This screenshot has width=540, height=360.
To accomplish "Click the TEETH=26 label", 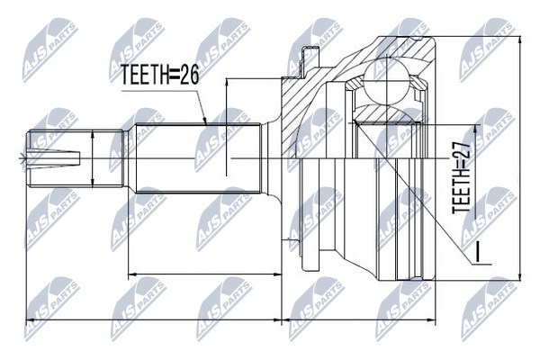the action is coord(160,75).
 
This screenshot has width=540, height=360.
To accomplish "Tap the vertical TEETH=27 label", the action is coord(461,177).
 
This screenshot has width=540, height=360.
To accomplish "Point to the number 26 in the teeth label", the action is coord(190,75).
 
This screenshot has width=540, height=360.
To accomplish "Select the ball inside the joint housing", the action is coord(387,82).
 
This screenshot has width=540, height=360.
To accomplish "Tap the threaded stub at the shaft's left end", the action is coord(75,158).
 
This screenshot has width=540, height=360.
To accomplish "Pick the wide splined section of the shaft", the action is coord(198,158).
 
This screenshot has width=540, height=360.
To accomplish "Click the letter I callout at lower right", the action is coord(477,251).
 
